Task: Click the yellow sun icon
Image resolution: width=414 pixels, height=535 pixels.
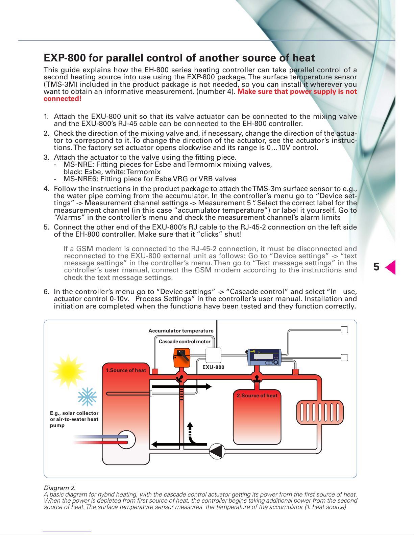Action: pos(68,371)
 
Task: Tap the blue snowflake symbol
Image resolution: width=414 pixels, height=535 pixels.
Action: pos(87,397)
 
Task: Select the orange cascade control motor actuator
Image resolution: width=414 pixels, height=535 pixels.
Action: pos(181,357)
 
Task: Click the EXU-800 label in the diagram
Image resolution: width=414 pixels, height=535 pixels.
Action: pos(213,367)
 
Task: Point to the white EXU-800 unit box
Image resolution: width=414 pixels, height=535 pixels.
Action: pos(213,355)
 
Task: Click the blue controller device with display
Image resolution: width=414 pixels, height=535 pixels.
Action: pos(264,357)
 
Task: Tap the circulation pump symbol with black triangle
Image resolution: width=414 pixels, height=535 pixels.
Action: pos(217,451)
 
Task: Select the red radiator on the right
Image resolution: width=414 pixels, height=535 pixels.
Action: pos(320,412)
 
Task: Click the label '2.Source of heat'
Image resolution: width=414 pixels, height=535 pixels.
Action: pos(257,396)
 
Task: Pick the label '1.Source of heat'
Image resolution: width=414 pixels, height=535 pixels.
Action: pos(126,370)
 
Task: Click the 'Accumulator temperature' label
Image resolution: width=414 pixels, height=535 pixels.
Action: pos(181,331)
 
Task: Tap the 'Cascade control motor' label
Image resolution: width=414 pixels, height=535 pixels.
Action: pos(185,342)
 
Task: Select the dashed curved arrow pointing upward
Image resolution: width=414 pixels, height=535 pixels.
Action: pos(191,434)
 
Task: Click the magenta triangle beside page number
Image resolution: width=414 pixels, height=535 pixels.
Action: pos(391,267)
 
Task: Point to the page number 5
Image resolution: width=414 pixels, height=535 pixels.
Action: pos(376,267)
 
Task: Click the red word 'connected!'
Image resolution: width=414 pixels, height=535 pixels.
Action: pos(63,99)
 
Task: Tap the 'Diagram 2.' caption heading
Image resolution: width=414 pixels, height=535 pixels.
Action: pos(59,488)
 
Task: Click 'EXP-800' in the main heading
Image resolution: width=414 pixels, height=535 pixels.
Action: pos(65,58)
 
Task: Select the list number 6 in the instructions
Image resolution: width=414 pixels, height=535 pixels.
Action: pos(46,292)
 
